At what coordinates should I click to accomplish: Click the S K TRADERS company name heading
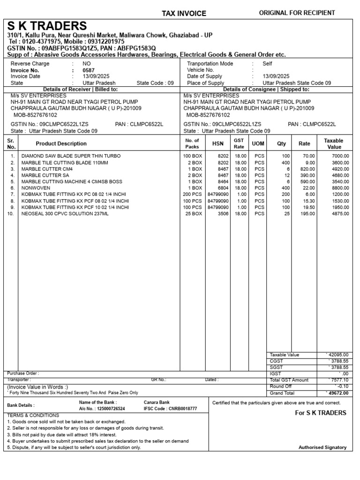pyautogui.click(x=47, y=26)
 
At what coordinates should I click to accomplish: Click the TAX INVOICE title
pyautogui.click(x=184, y=14)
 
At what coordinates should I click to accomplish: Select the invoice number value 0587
pyautogui.click(x=88, y=70)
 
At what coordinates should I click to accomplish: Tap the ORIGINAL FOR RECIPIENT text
pyautogui.click(x=297, y=13)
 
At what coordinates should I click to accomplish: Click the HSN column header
pyautogui.click(x=218, y=144)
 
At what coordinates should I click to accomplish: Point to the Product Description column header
pyautogui.click(x=61, y=144)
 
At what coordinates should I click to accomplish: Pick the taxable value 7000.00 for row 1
pyautogui.click(x=340, y=156)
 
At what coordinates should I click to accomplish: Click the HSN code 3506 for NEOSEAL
pyautogui.click(x=222, y=213)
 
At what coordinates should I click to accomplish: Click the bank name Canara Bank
pyautogui.click(x=157, y=402)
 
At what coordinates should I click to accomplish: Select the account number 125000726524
pyautogui.click(x=109, y=409)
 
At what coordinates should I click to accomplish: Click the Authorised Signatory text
pyautogui.click(x=322, y=447)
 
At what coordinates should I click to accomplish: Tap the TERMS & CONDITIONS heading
pyautogui.click(x=33, y=415)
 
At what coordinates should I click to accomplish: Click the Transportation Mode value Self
pyautogui.click(x=267, y=64)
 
